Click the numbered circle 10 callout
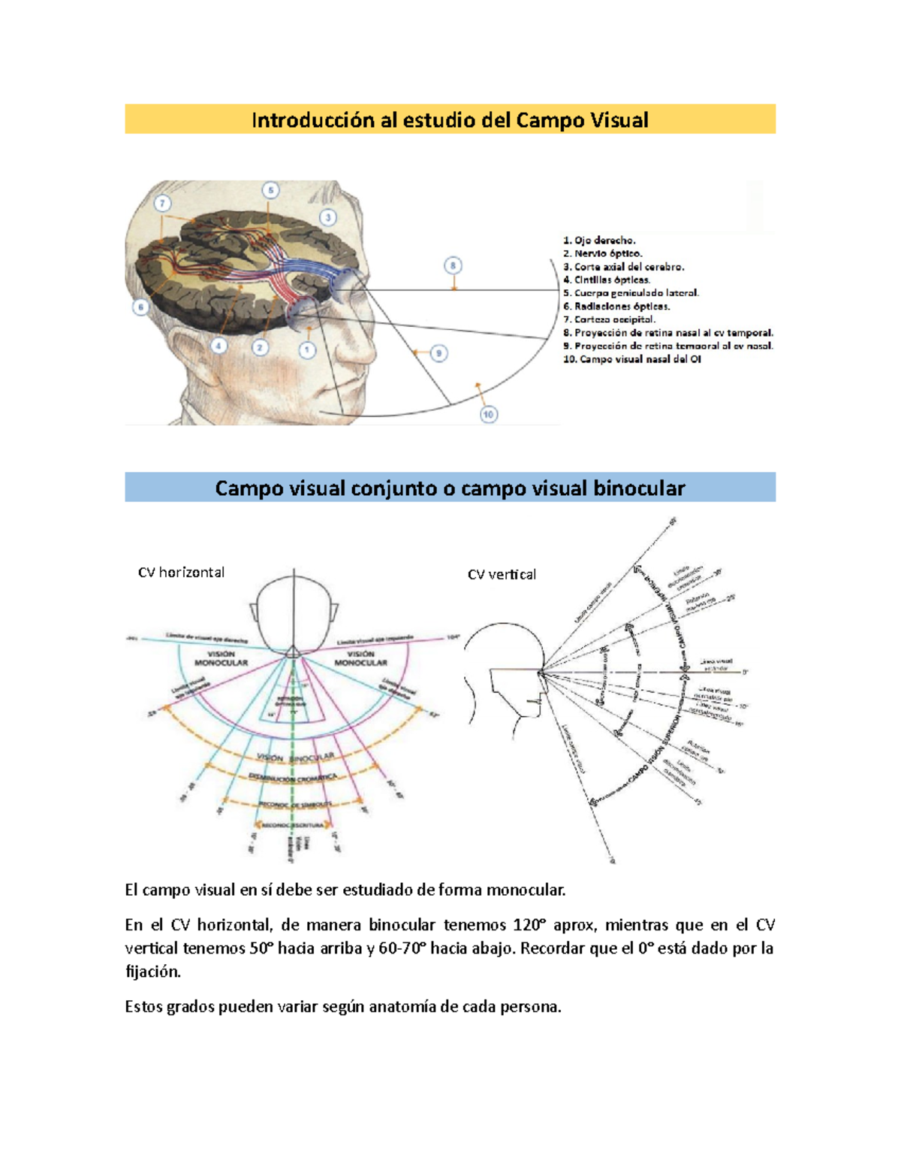[x=489, y=414]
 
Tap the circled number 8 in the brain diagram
[x=452, y=265]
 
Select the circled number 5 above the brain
[x=270, y=191]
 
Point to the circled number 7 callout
[x=162, y=204]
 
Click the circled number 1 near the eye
[x=306, y=349]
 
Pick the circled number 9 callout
[x=439, y=353]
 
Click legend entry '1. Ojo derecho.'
[x=599, y=240]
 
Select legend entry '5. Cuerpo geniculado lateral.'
[x=631, y=293]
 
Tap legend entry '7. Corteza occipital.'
[x=609, y=319]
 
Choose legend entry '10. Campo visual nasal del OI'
[x=631, y=359]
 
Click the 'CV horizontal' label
[x=181, y=573]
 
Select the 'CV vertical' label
[x=502, y=575]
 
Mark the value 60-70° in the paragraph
[x=399, y=948]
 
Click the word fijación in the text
[x=152, y=972]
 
